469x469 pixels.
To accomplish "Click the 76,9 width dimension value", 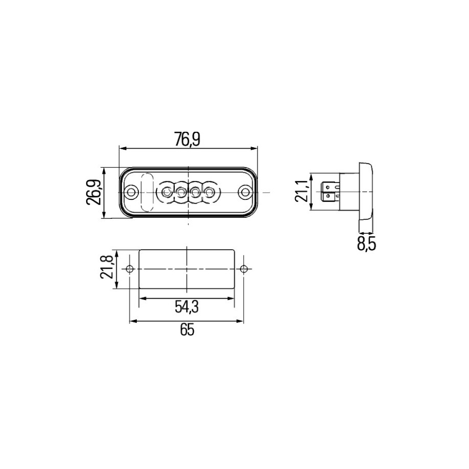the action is (x=187, y=139).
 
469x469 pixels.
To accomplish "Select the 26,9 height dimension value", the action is (x=93, y=192).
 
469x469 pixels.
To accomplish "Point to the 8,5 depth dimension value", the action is (x=366, y=244).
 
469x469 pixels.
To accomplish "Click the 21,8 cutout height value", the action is (x=107, y=267).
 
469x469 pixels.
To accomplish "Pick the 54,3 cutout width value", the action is (x=187, y=307).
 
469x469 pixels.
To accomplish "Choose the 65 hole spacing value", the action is (x=187, y=330).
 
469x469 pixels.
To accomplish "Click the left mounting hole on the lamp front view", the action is (x=131, y=192).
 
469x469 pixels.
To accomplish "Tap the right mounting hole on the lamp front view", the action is (x=246, y=192).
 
